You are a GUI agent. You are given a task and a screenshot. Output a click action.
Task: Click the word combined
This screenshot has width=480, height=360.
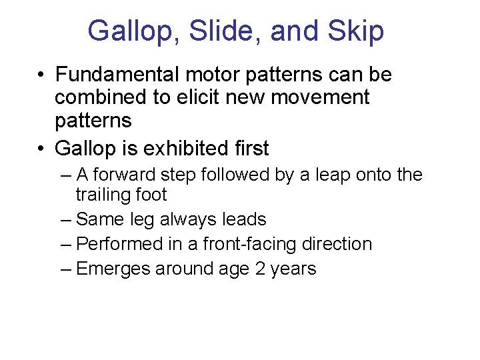(x=101, y=97)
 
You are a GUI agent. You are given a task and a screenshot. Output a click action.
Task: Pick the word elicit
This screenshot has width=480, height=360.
(x=201, y=97)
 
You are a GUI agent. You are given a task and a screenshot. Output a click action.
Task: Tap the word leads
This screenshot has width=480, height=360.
(x=245, y=219)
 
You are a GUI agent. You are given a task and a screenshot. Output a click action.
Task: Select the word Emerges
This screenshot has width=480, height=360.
(x=113, y=269)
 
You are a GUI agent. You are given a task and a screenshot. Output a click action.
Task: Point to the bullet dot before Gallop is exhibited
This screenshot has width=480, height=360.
(x=42, y=148)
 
